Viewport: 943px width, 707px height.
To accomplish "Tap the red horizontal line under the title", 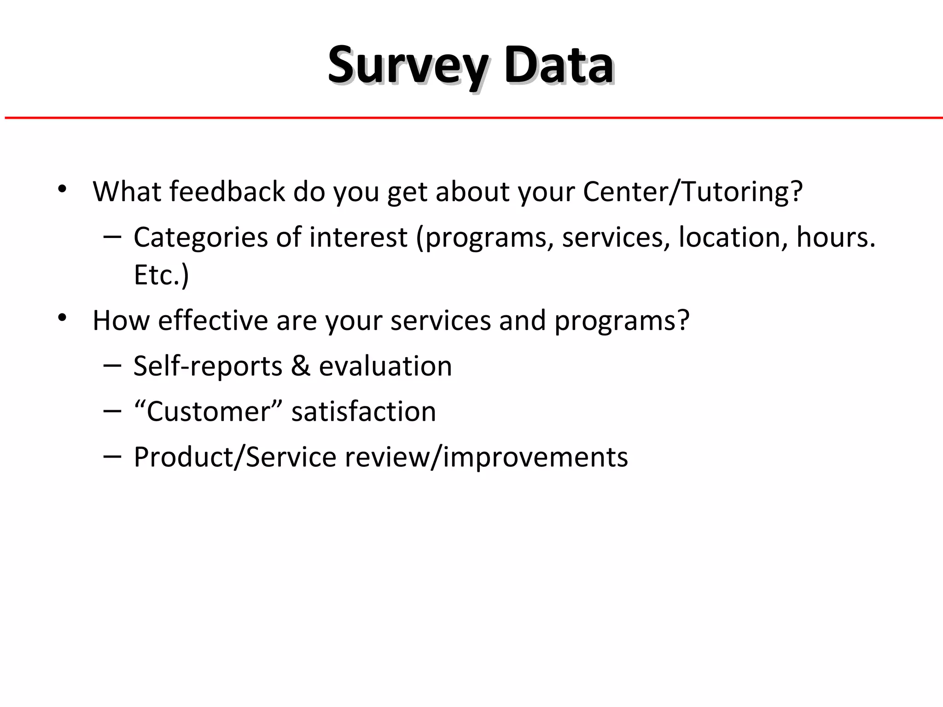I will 471,118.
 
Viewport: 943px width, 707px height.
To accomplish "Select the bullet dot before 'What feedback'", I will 63,189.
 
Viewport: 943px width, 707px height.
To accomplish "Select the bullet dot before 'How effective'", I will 63,318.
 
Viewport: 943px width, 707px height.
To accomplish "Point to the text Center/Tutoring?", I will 693,192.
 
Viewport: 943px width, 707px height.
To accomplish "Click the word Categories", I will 200,238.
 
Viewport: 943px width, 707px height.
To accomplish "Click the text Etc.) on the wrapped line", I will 161,275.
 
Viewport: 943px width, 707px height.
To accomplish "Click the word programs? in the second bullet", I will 622,321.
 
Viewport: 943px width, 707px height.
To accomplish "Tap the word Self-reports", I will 208,366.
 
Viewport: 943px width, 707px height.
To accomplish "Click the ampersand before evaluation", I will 300,366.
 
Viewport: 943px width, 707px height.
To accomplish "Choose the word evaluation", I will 385,366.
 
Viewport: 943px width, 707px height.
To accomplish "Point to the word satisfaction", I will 363,411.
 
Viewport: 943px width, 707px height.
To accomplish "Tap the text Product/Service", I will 235,457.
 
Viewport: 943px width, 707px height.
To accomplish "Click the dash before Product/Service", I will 112,457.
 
